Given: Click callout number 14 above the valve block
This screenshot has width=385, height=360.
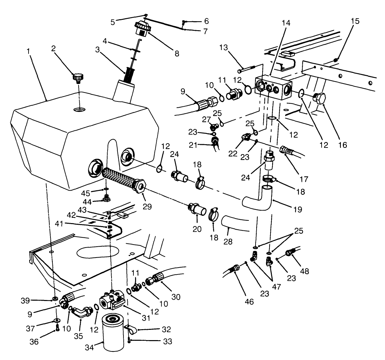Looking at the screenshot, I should click(x=286, y=23).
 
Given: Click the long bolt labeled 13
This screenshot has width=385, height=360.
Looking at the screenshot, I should click(x=247, y=70).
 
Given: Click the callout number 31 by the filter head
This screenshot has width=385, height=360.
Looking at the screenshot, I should click(x=146, y=318).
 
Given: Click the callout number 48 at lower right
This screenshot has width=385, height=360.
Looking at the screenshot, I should click(x=305, y=271).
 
